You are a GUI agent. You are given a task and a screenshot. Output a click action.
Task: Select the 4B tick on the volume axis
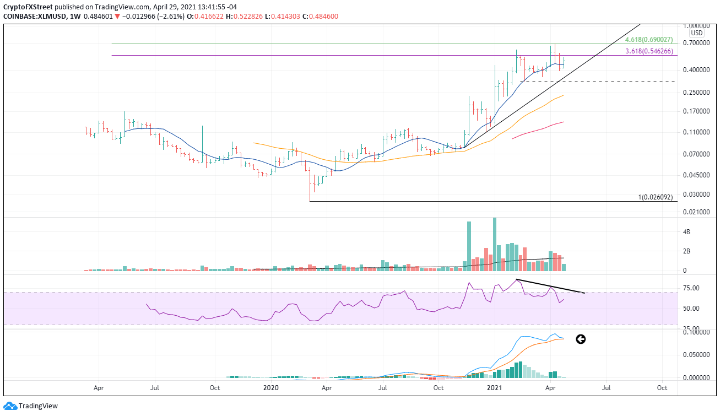point(685,233)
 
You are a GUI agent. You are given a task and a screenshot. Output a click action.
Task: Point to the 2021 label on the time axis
point(494,388)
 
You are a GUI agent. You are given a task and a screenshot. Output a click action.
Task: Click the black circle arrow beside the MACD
point(580,339)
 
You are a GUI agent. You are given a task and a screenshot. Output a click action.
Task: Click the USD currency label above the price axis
point(696,33)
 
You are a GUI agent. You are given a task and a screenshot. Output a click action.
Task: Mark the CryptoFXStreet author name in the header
point(26,7)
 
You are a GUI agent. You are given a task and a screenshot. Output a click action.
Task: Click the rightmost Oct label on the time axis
point(662,388)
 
